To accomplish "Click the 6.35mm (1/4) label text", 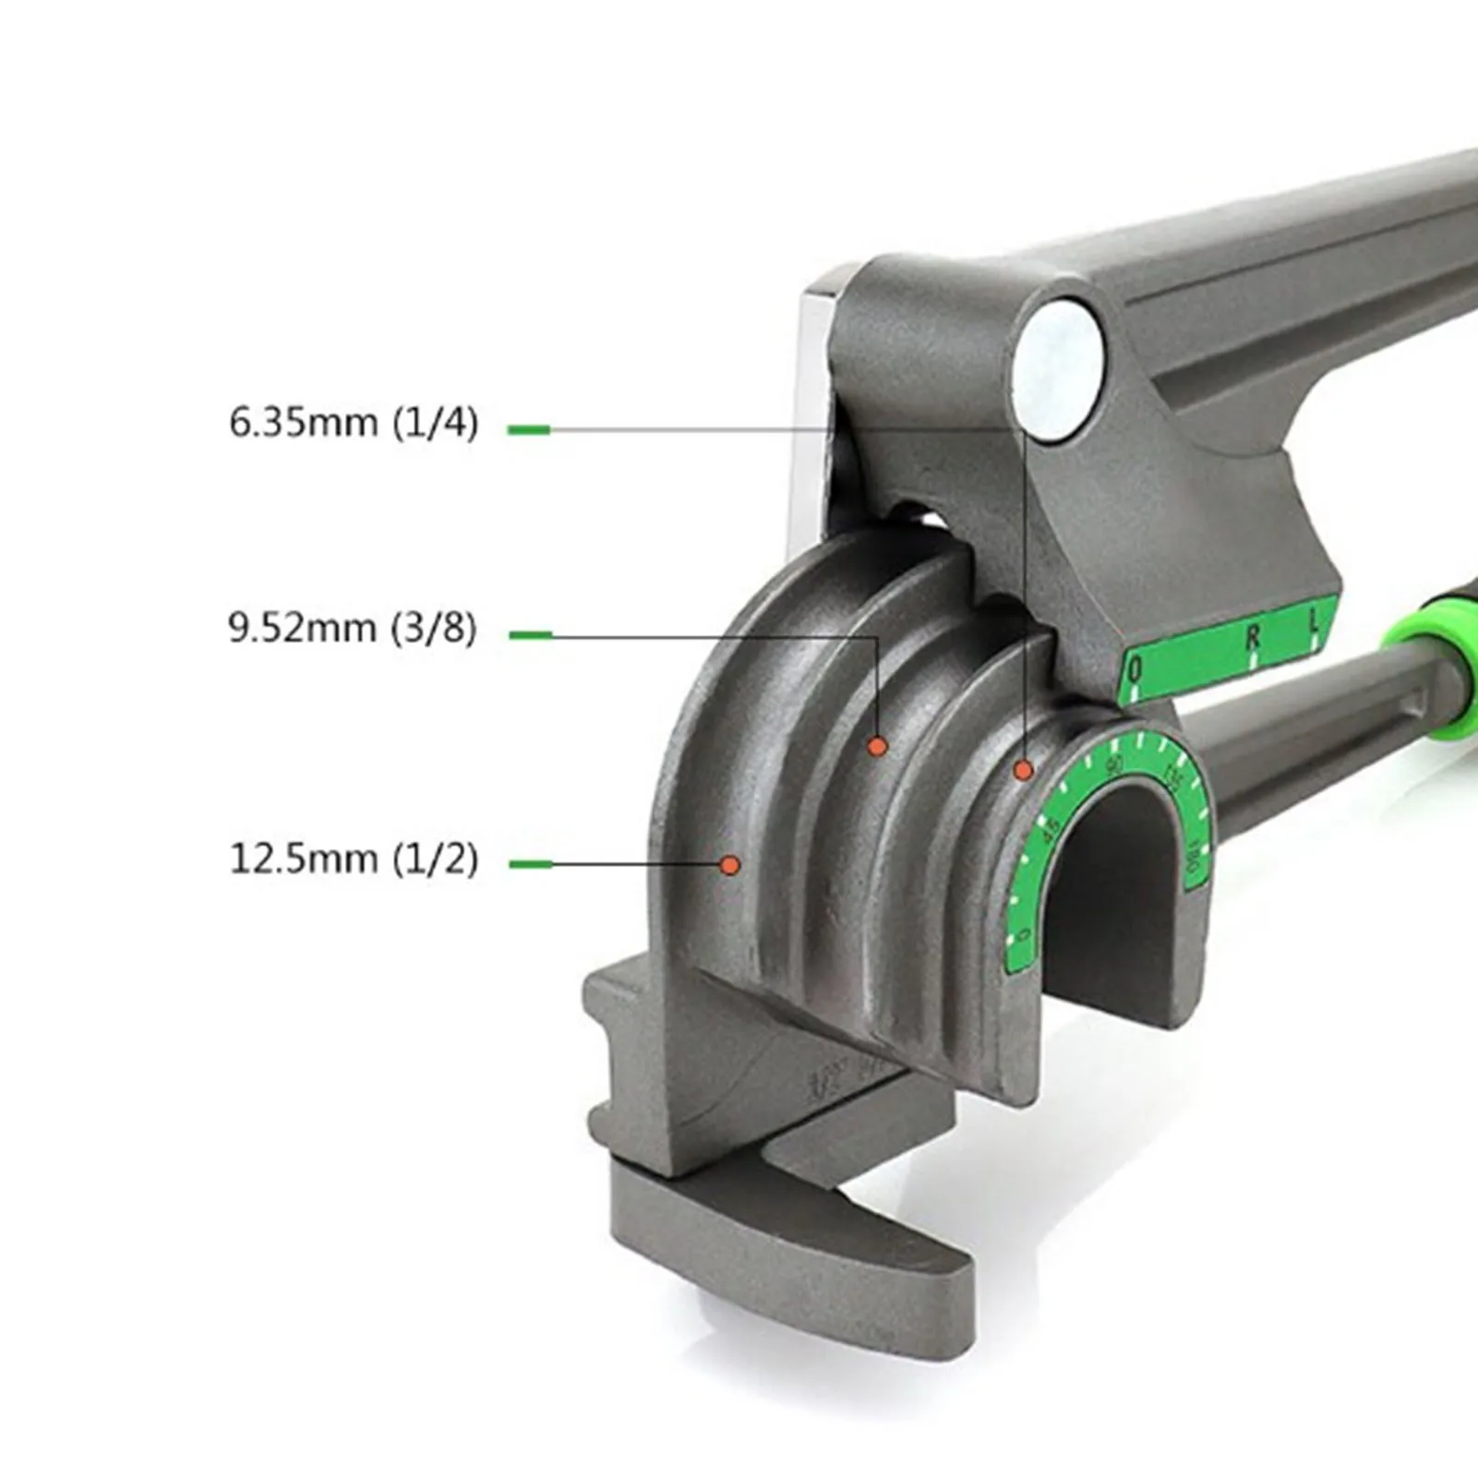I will tap(354, 424).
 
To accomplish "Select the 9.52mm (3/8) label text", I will tap(353, 630).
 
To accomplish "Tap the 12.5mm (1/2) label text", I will tap(354, 859).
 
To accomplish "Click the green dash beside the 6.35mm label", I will tap(529, 429).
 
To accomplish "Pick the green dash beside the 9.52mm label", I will tap(530, 635).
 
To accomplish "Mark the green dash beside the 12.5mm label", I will tap(530, 864).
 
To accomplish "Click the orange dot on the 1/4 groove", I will tap(1023, 770).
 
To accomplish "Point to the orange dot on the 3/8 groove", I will tap(877, 746).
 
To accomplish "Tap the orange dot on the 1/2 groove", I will tap(729, 865).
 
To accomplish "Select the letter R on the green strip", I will tap(1253, 636).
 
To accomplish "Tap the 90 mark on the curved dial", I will tap(1116, 764).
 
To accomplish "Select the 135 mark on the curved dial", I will tap(1173, 776).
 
